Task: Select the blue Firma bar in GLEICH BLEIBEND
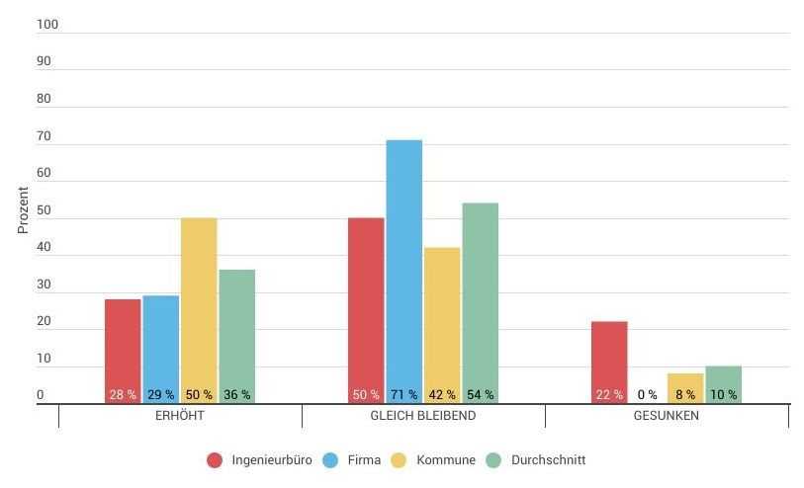[x=403, y=267]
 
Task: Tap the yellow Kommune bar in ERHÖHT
[x=199, y=306]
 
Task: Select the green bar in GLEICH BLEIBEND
[x=480, y=296]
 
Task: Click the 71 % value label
[x=403, y=395]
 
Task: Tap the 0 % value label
[x=648, y=395]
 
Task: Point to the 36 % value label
[x=236, y=395]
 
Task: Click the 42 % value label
[x=442, y=395]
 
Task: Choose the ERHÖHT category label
[x=180, y=416]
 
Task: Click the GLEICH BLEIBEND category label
[x=423, y=416]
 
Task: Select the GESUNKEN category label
[x=667, y=416]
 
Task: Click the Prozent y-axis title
[x=23, y=209]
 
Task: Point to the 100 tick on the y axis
[x=47, y=25]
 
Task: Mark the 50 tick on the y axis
[x=44, y=210]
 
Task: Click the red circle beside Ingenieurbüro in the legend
[x=215, y=460]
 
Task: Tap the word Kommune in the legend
[x=446, y=460]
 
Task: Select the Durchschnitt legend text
[x=548, y=460]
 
